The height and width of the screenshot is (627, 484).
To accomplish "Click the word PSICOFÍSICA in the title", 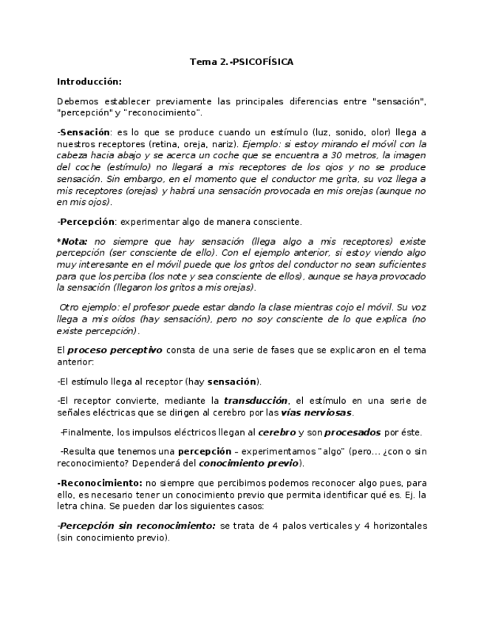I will click(262, 62).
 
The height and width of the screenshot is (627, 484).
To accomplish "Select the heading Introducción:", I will click(89, 81).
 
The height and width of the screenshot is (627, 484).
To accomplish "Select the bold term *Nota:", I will click(72, 241).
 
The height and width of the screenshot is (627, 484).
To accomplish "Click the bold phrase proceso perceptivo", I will click(115, 350).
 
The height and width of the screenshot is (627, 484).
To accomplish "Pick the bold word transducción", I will click(254, 401).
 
